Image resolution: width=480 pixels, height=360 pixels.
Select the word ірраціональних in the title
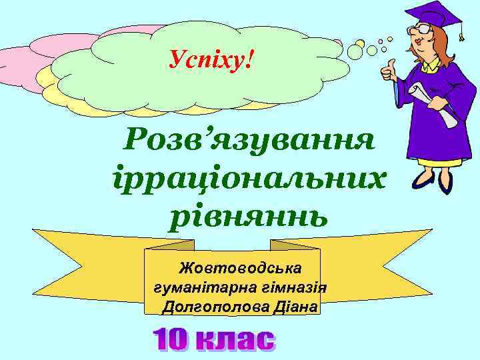click(246, 179)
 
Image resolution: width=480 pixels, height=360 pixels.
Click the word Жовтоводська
click(240, 268)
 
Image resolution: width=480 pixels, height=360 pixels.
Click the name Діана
click(294, 307)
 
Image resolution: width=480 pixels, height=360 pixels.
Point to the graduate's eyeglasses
click(423, 30)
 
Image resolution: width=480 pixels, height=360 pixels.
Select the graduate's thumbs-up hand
click(387, 69)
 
